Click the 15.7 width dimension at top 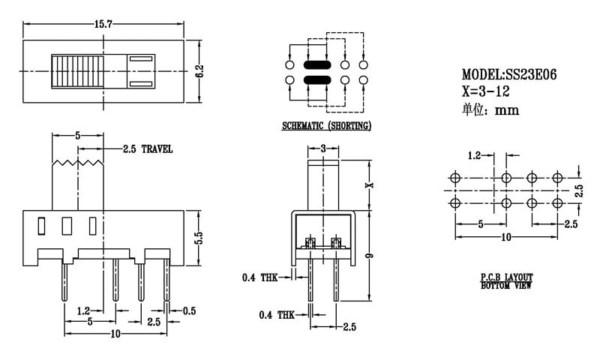click(104, 25)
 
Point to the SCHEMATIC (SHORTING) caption click(326, 126)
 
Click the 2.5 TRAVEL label click(148, 149)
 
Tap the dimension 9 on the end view click(370, 257)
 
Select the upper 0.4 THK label click(259, 278)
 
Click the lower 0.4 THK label click(276, 314)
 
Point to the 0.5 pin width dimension click(190, 310)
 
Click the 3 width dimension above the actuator click(323, 148)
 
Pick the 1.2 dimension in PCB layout click(475, 156)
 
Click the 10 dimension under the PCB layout click(506, 237)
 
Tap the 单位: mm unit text click(489, 109)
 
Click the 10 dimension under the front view click(115, 333)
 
